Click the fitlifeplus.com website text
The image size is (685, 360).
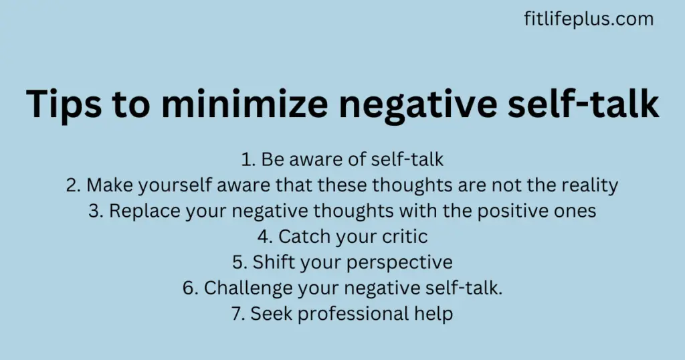589,19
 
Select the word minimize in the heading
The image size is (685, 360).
245,103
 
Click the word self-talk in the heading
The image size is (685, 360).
583,103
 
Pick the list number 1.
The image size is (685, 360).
248,159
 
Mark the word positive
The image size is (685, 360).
514,211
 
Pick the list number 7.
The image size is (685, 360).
237,314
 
